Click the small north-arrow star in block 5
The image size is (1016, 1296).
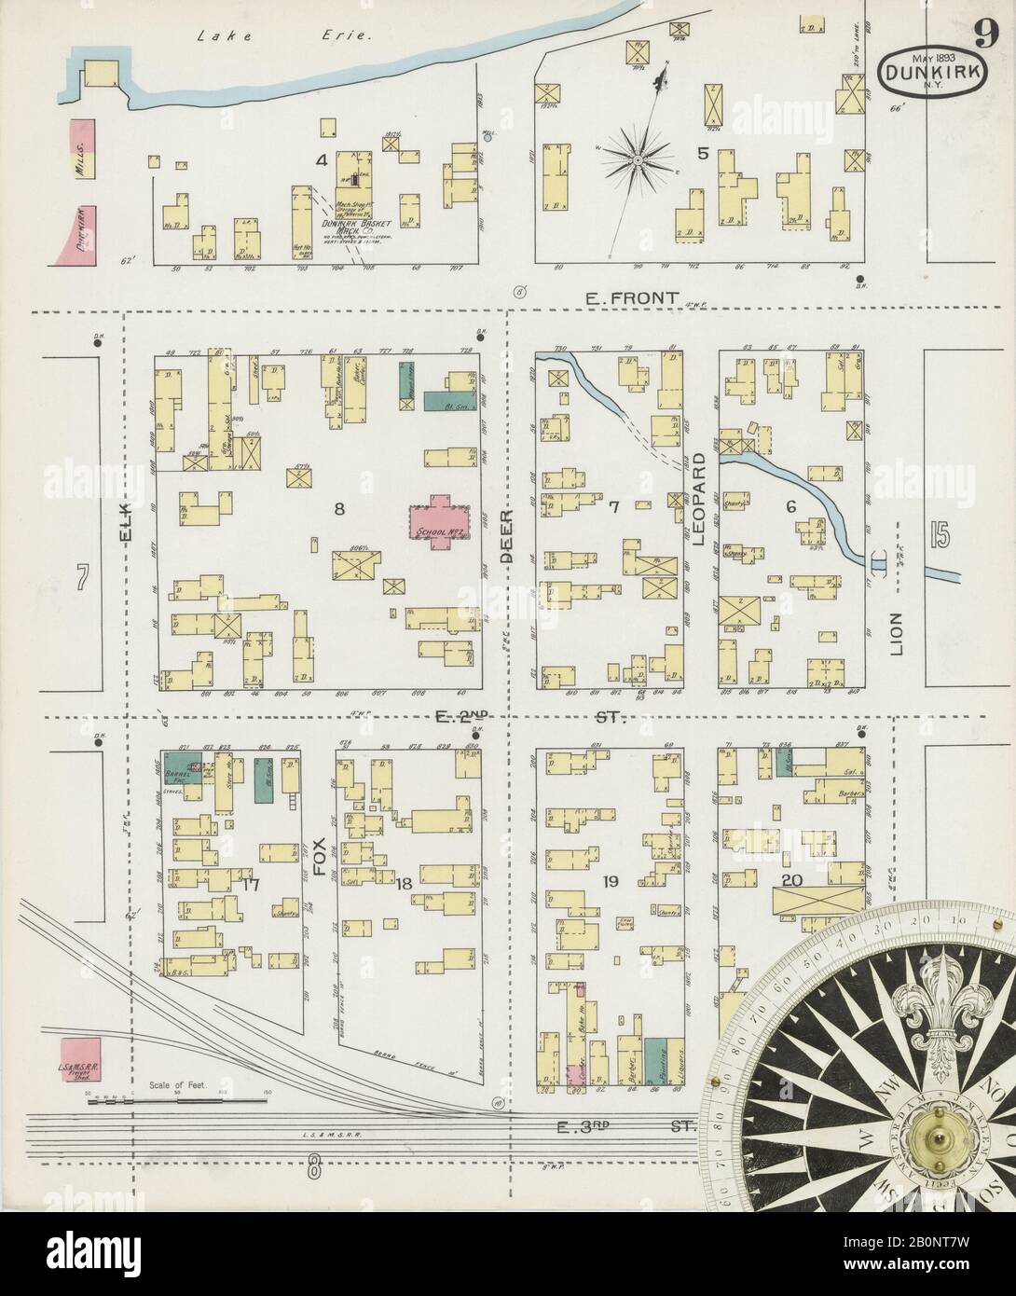click(x=638, y=160)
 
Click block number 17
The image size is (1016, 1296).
click(x=249, y=884)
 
